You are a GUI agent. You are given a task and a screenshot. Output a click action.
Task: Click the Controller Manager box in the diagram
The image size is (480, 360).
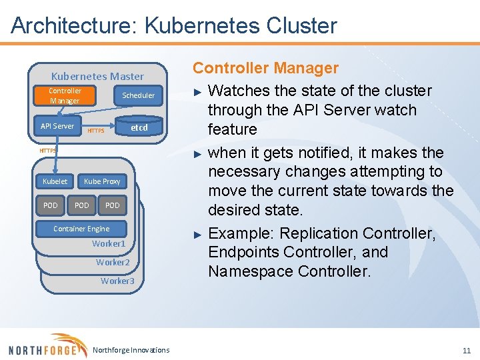click(x=65, y=96)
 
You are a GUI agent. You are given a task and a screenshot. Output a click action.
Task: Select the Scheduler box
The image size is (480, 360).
click(x=138, y=95)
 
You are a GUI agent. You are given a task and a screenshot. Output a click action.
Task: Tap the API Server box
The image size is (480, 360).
click(x=57, y=126)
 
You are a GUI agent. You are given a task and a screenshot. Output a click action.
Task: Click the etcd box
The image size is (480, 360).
click(x=139, y=127)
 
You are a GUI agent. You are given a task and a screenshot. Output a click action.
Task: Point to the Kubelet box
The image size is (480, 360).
click(x=55, y=181)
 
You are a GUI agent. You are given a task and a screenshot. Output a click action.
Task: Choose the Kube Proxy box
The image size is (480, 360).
click(x=102, y=181)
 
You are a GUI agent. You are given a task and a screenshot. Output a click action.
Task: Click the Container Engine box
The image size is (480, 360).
click(x=81, y=229)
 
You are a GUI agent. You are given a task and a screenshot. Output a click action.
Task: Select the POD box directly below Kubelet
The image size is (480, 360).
click(x=51, y=205)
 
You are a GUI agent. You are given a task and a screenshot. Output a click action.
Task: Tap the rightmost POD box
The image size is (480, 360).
click(x=113, y=205)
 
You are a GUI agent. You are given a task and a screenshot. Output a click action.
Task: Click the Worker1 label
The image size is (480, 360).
click(x=109, y=244)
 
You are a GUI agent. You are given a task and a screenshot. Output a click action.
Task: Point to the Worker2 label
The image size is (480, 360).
click(x=113, y=262)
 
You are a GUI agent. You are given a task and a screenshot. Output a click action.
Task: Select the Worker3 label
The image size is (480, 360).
click(x=117, y=281)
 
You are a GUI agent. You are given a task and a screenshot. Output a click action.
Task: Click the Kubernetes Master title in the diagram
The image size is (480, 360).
click(x=97, y=76)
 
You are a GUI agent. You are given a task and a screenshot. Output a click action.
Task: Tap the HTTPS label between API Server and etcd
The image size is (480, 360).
click(x=96, y=131)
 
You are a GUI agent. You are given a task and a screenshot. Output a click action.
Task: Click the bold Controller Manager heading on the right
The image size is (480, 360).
click(x=265, y=68)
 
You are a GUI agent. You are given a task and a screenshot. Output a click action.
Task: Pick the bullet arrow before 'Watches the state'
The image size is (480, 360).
click(x=197, y=91)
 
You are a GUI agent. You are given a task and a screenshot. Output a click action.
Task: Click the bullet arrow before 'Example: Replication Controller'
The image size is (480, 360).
click(x=197, y=234)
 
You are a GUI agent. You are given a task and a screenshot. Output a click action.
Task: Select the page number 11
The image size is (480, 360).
click(x=466, y=350)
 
